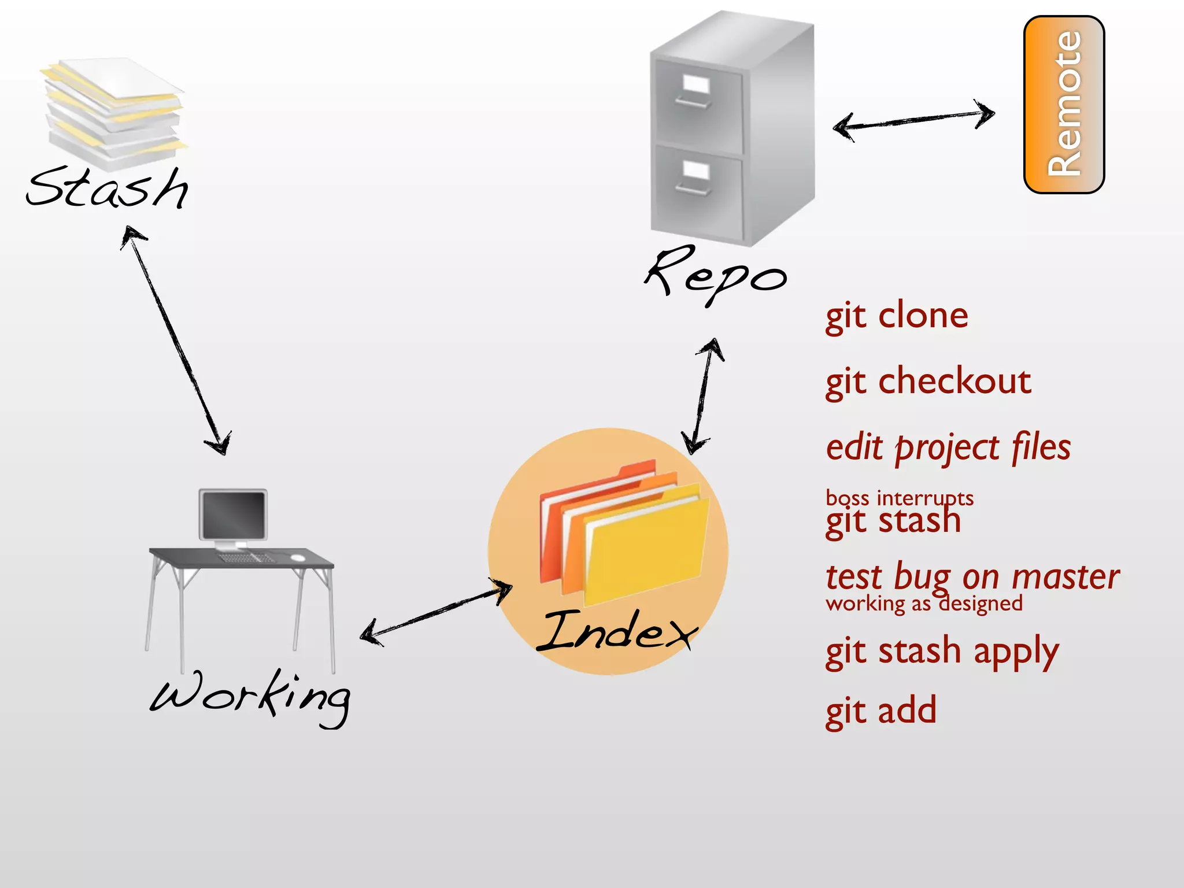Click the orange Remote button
1064,104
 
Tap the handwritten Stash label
108,188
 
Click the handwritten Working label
250,696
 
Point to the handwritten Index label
616,631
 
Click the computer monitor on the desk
233,515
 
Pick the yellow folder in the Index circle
645,546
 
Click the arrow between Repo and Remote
913,120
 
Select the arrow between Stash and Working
176,341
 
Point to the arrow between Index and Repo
702,396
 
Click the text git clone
897,317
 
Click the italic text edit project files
948,449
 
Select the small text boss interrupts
900,498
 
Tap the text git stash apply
942,652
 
